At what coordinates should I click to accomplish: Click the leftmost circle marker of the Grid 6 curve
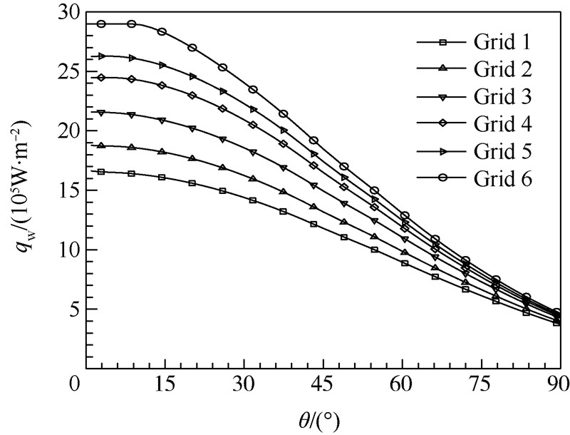tap(102, 24)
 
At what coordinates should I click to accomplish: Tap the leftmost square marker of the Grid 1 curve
tap(102, 172)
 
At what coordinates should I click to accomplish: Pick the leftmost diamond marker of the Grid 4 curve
tap(102, 78)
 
